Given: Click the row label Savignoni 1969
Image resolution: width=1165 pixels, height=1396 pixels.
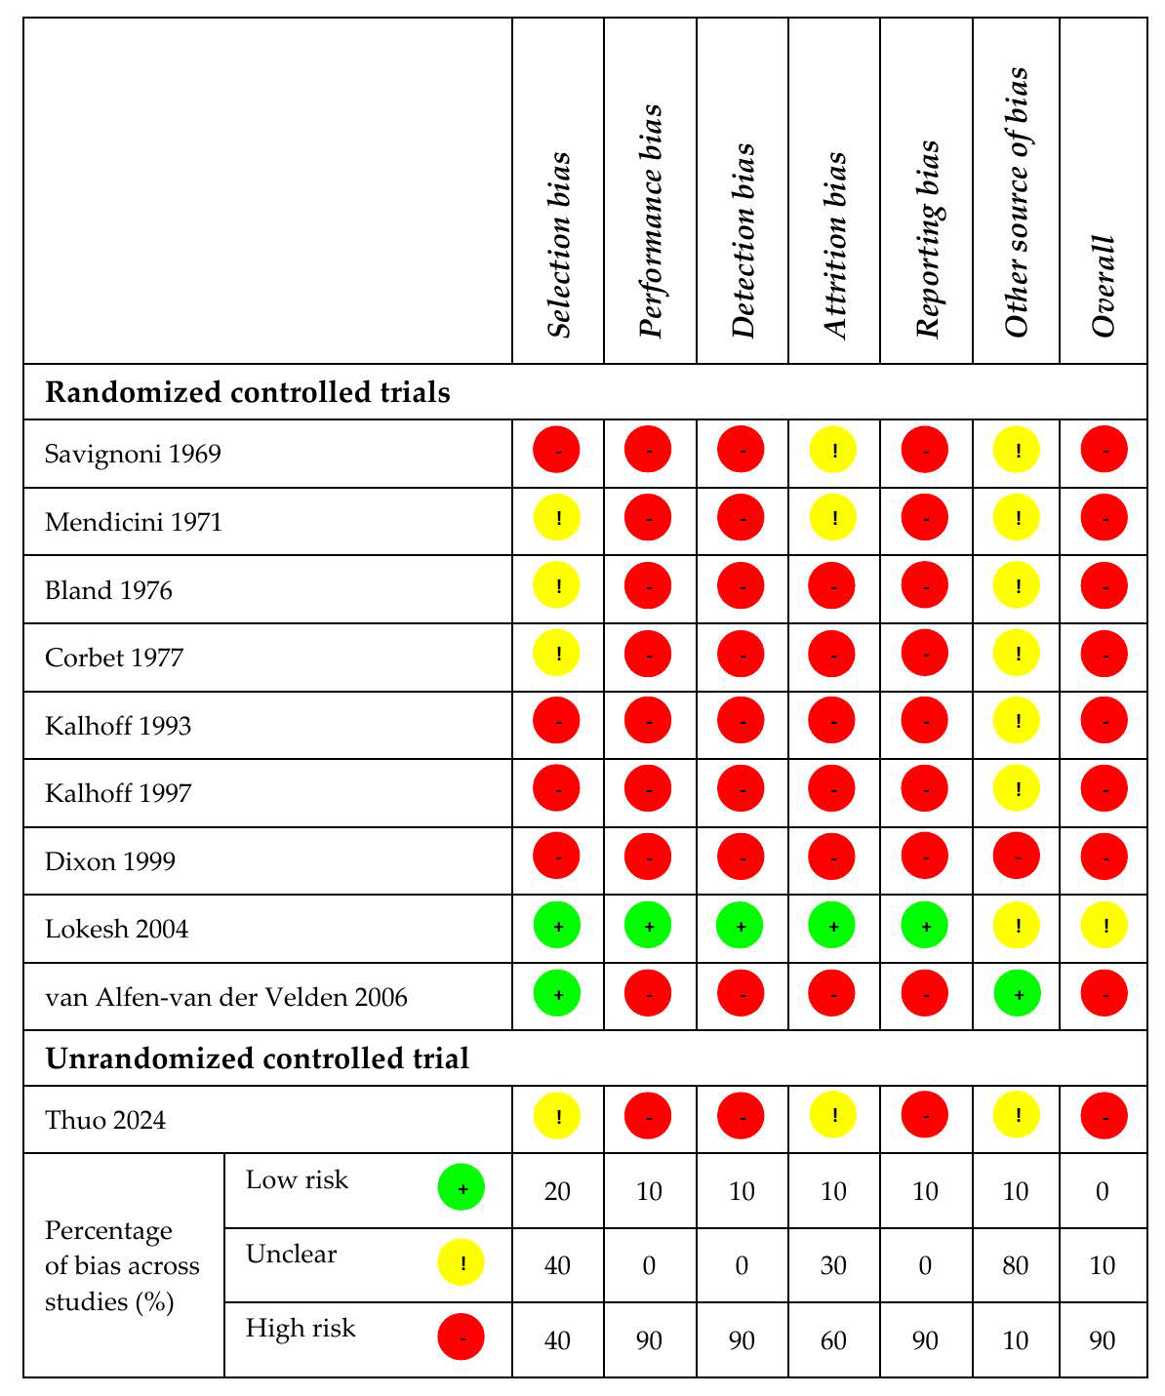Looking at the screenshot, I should pyautogui.click(x=133, y=454).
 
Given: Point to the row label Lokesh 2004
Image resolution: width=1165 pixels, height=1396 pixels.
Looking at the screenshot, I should pyautogui.click(x=117, y=929).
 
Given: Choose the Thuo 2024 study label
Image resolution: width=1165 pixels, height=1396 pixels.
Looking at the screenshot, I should pyautogui.click(x=105, y=1120).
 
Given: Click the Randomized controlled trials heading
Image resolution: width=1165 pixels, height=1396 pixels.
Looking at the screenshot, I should pyautogui.click(x=248, y=392).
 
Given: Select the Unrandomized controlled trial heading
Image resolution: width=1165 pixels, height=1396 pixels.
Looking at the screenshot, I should pyautogui.click(x=258, y=1058).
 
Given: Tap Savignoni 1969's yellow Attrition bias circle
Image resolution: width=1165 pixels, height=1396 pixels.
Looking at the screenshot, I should pyautogui.click(x=834, y=452).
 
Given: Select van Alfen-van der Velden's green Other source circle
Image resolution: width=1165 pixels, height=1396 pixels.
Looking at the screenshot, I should pyautogui.click(x=1017, y=995).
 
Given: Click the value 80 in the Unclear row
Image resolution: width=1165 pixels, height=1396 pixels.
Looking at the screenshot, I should pyautogui.click(x=1016, y=1265).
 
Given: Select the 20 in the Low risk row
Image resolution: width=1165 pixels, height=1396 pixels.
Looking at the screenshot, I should pyautogui.click(x=557, y=1191).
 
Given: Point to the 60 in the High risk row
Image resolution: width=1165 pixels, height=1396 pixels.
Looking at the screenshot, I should pyautogui.click(x=833, y=1339).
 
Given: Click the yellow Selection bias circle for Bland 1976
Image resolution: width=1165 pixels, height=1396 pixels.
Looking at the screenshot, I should pyautogui.click(x=557, y=587).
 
